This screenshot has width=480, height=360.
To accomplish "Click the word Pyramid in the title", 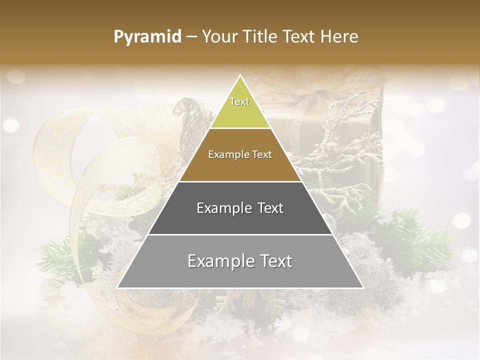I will (x=147, y=37).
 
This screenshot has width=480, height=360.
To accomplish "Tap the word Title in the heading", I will (x=260, y=37).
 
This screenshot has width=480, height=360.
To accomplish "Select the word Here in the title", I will (x=340, y=37).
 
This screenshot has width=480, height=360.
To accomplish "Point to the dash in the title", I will (x=191, y=37).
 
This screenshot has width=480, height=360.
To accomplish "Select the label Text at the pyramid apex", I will (x=239, y=101).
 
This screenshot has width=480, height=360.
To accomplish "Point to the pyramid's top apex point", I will (x=240, y=75).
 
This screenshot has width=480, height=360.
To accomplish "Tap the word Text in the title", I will (x=301, y=37).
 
